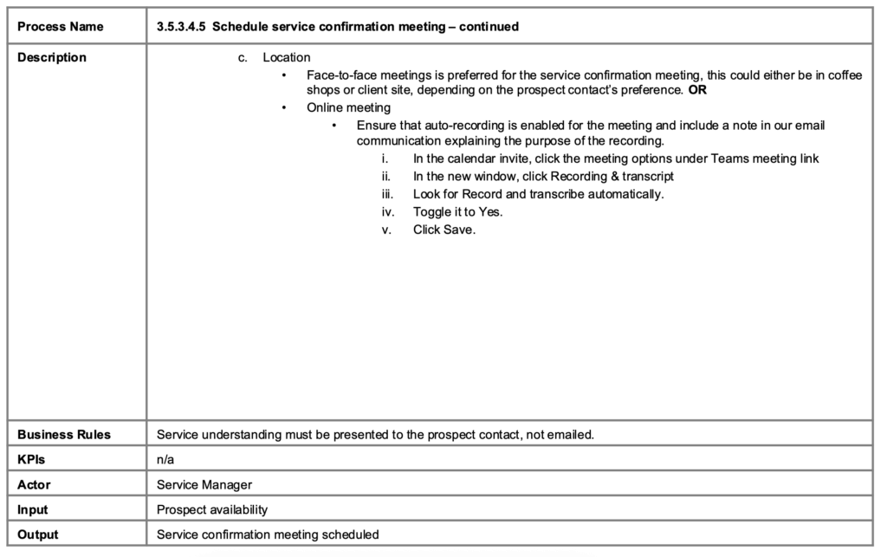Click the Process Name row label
tap(60, 27)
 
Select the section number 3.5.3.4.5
tap(181, 27)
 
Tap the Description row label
tap(52, 58)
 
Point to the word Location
tap(286, 58)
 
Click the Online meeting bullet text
tap(348, 108)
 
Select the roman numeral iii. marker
tap(387, 194)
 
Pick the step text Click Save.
tap(443, 229)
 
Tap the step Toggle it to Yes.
tap(457, 211)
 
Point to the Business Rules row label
tap(64, 434)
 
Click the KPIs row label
tap(30, 459)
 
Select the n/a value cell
tap(165, 459)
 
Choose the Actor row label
tap(34, 484)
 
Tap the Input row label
tap(33, 509)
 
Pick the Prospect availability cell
tap(212, 509)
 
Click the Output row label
tap(37, 534)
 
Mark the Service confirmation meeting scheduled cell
tap(268, 534)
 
